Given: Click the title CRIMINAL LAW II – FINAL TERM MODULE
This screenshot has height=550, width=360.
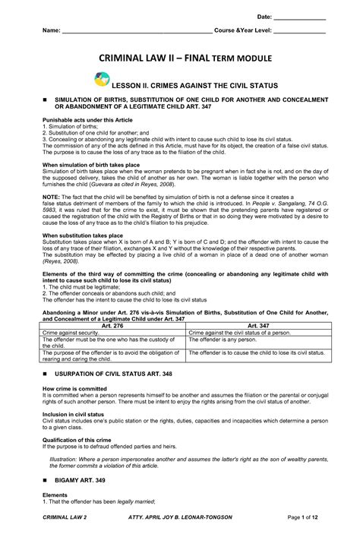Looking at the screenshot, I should coord(180,65).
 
